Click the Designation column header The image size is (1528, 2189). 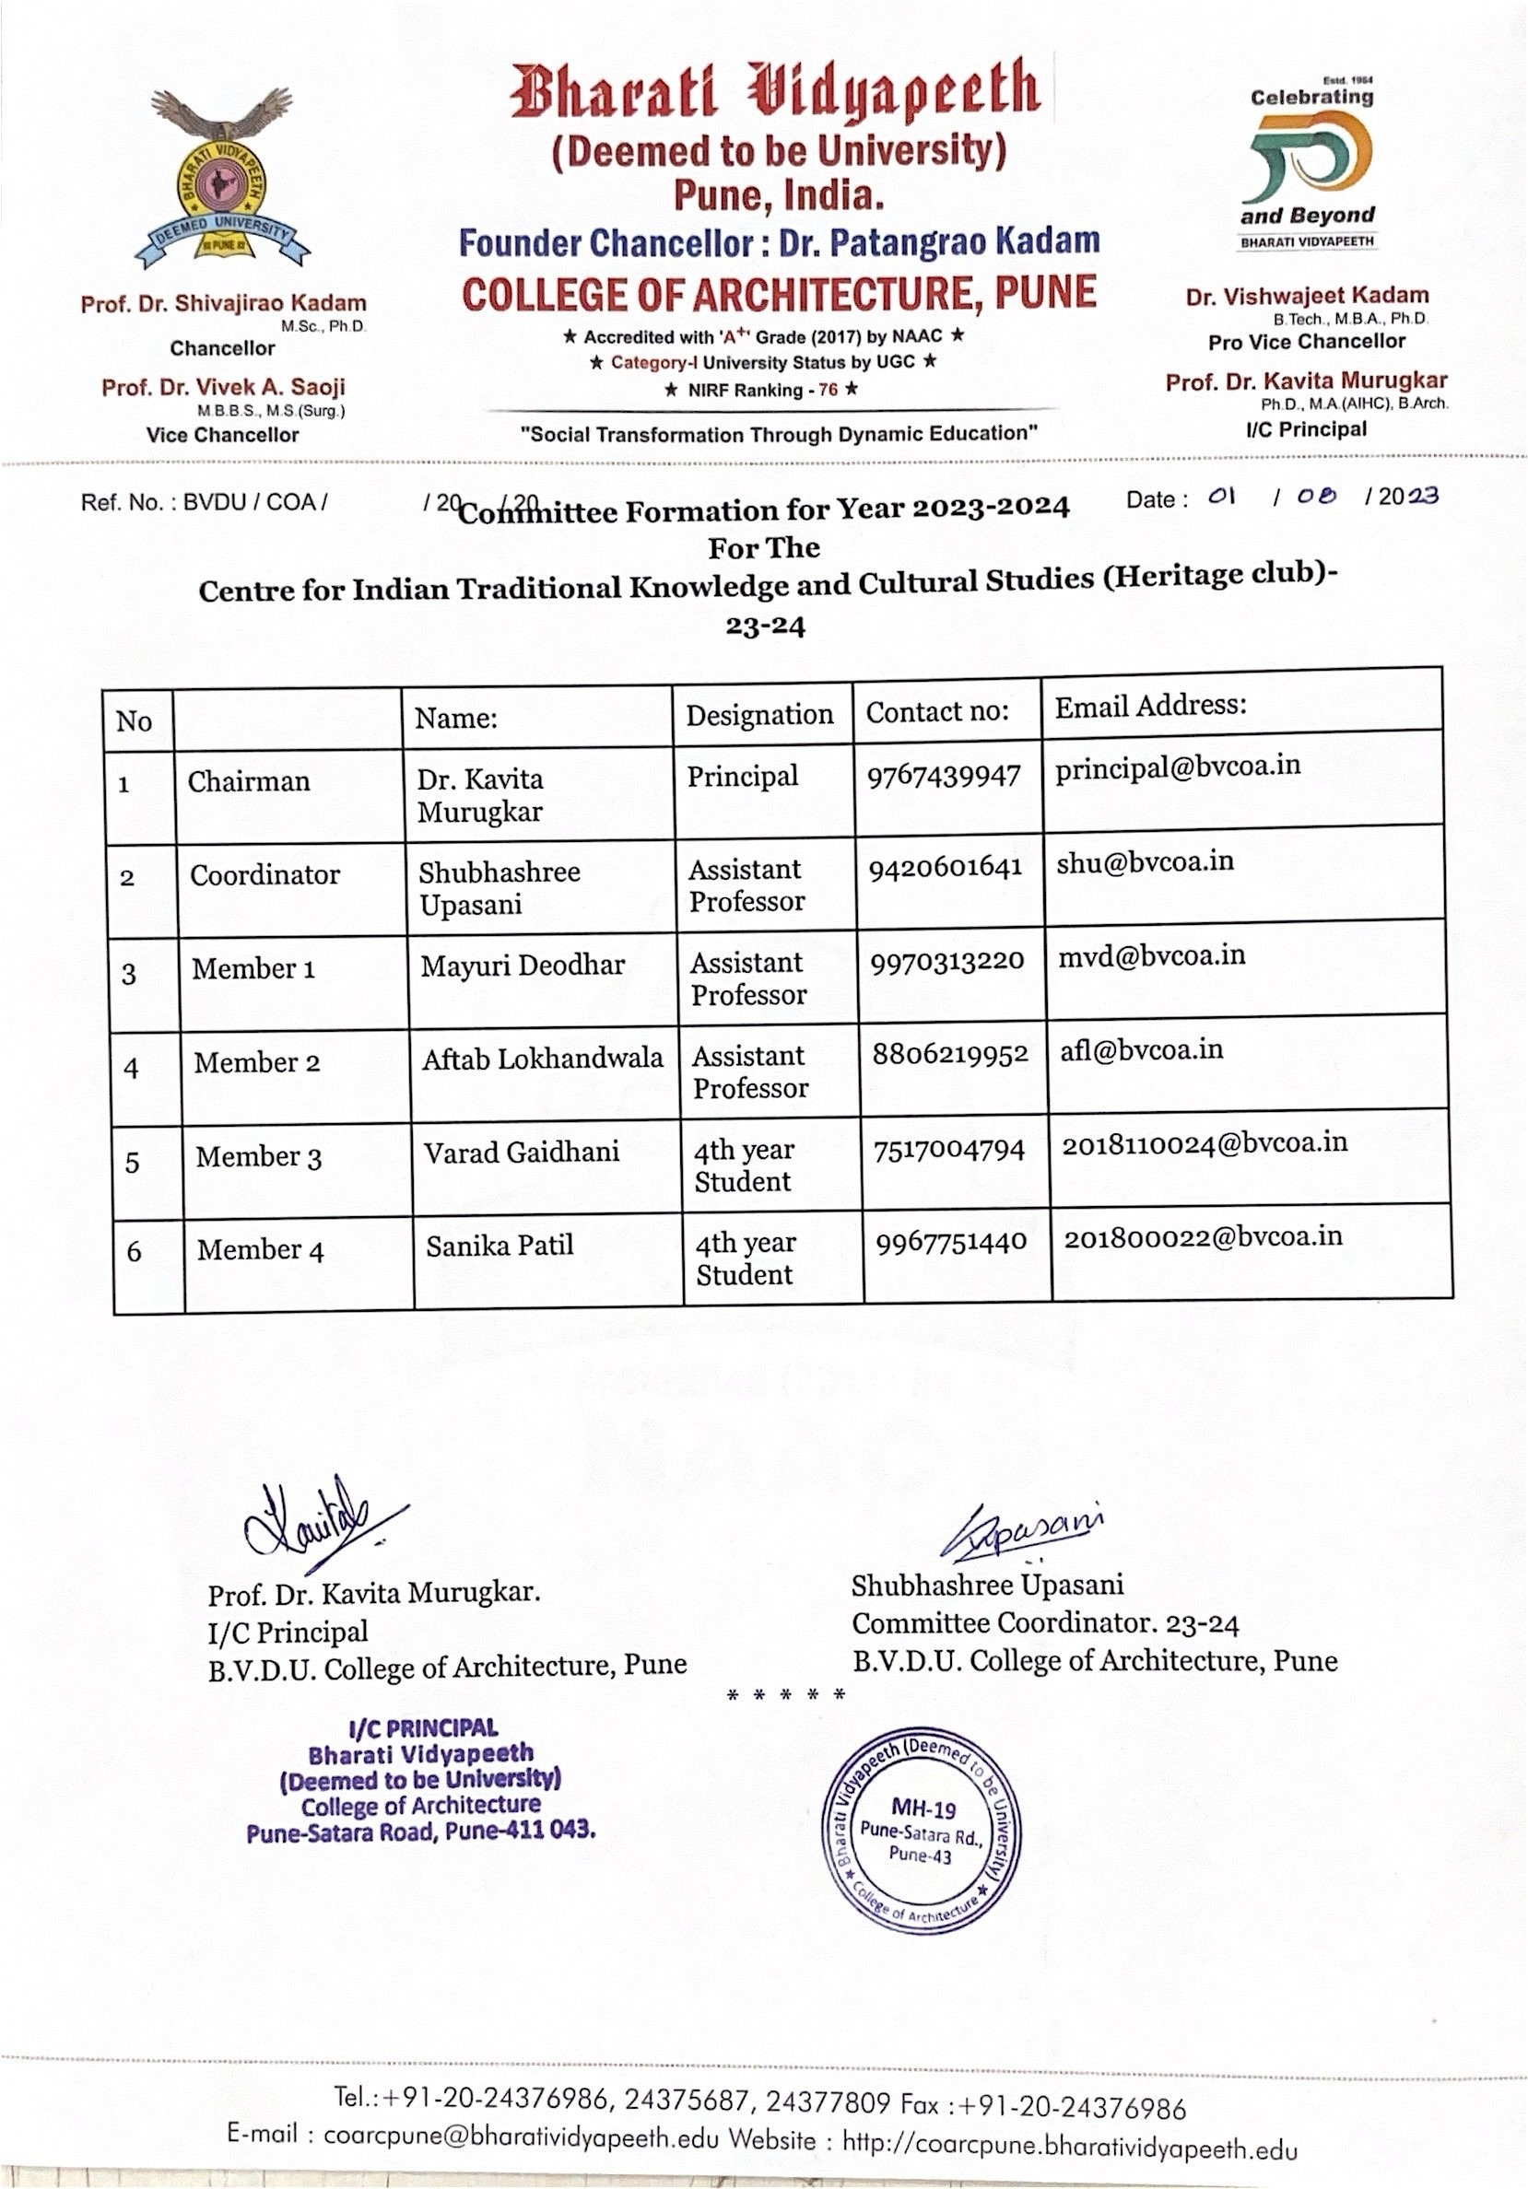[x=759, y=714]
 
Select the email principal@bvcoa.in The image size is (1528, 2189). [x=1177, y=766]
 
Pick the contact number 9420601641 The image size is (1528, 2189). [x=945, y=867]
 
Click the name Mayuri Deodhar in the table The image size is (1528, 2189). [x=523, y=965]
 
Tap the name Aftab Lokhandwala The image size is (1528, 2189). [x=543, y=1058]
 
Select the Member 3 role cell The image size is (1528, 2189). [x=258, y=1156]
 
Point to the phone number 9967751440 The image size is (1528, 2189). [x=951, y=1240]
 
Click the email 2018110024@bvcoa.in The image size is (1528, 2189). [x=1205, y=1142]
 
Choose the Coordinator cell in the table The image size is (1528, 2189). [x=264, y=874]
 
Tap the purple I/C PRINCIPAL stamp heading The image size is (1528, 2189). [x=422, y=1728]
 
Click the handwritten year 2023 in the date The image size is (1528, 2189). [x=1408, y=496]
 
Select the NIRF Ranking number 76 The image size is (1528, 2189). [x=828, y=390]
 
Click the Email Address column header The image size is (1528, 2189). [x=1150, y=706]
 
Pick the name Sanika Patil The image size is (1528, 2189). [x=500, y=1246]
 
